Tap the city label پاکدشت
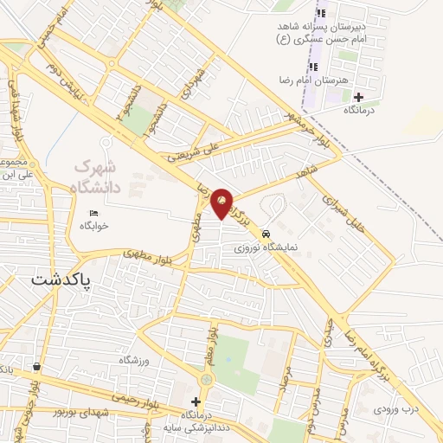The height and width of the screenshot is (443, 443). click(x=61, y=279)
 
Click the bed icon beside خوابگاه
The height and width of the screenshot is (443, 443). click(x=93, y=214)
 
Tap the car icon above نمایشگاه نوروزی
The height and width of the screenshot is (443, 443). click(x=266, y=234)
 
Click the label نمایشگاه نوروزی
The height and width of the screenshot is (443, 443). click(x=263, y=247)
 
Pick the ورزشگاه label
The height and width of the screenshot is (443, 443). click(x=134, y=358)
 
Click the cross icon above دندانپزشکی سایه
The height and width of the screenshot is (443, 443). click(x=196, y=401)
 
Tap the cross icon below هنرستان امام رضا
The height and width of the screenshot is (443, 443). click(x=358, y=97)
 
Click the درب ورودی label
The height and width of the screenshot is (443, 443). click(x=396, y=408)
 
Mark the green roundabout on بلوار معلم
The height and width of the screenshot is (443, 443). click(x=207, y=379)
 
